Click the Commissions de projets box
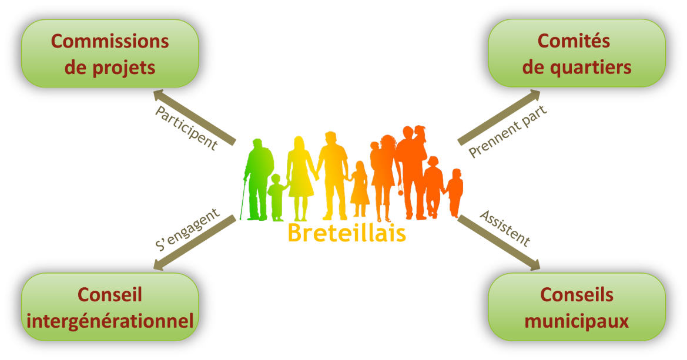tap(110, 54)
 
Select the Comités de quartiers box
tap(577, 53)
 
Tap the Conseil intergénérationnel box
tap(110, 307)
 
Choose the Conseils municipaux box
tap(577, 307)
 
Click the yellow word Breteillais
tap(347, 233)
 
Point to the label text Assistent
tap(505, 228)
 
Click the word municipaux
tap(577, 321)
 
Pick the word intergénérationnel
tap(110, 321)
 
